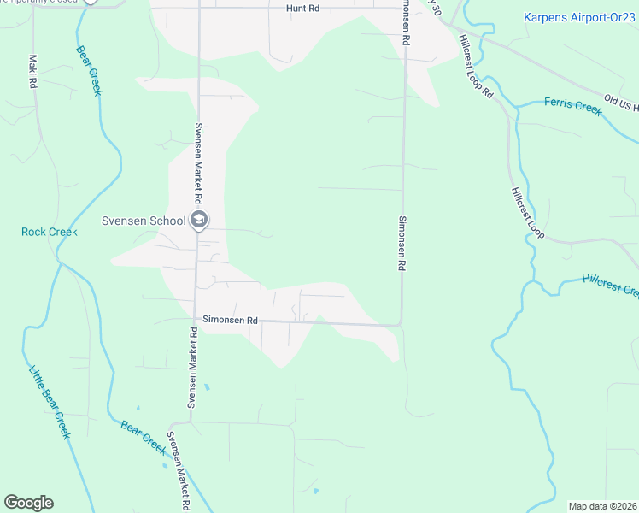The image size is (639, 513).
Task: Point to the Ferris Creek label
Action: click(x=573, y=106)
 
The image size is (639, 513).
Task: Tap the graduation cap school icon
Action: click(x=199, y=221)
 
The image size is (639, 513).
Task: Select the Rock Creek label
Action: click(x=49, y=232)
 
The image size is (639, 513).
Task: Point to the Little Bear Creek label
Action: click(x=50, y=402)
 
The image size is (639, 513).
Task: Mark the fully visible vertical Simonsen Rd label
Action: click(x=400, y=243)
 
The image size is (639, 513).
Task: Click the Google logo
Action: click(x=28, y=503)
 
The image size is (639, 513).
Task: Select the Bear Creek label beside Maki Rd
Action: click(x=88, y=70)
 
